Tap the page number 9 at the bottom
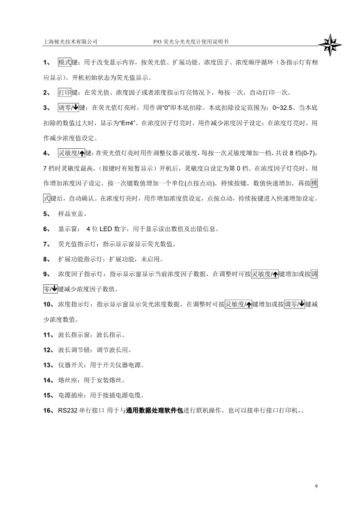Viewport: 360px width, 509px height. coord(316,487)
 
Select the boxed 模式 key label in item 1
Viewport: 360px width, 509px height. coord(65,63)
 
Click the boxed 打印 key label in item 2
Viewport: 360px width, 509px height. coord(65,93)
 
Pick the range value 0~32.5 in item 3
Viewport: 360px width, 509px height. coord(282,108)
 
